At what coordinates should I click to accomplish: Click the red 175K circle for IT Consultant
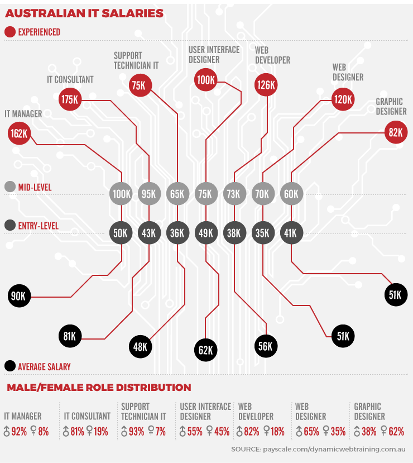(70, 99)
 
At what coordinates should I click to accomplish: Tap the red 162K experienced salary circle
(19, 134)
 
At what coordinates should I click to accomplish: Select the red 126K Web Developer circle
(266, 85)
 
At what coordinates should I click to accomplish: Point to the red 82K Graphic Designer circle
(395, 132)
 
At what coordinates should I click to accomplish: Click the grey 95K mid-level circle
(148, 194)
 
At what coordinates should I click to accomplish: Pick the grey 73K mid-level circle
(234, 194)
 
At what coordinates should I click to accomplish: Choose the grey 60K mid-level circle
(291, 194)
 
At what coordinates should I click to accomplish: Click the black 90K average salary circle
(19, 295)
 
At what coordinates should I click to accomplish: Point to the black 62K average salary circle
(205, 350)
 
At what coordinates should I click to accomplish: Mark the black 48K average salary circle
(140, 347)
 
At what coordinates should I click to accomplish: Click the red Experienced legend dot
(9, 32)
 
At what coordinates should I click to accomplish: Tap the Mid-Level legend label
(35, 187)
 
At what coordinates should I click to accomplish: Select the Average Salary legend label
(44, 367)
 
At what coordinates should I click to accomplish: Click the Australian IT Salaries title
(84, 13)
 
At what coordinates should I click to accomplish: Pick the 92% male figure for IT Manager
(18, 431)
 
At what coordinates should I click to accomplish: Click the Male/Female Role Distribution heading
(98, 388)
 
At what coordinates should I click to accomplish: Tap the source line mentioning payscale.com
(318, 449)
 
